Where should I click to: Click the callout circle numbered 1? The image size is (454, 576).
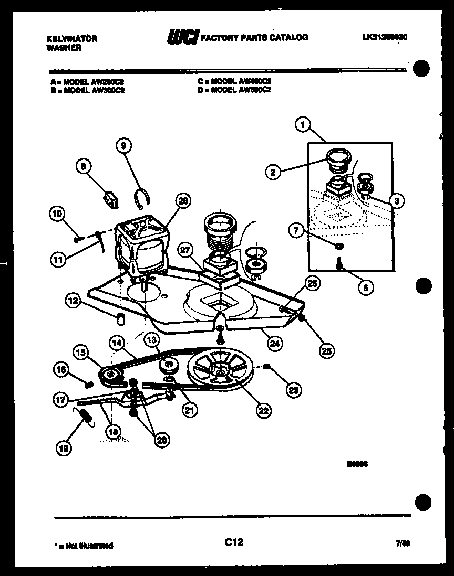click(x=302, y=125)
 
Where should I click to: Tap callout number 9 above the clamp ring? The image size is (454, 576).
click(x=124, y=146)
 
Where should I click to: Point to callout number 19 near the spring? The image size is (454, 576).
click(x=65, y=447)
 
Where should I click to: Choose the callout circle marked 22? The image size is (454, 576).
click(x=263, y=411)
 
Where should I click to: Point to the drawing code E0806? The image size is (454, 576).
click(x=357, y=463)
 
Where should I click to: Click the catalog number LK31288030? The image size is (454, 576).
click(x=385, y=37)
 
